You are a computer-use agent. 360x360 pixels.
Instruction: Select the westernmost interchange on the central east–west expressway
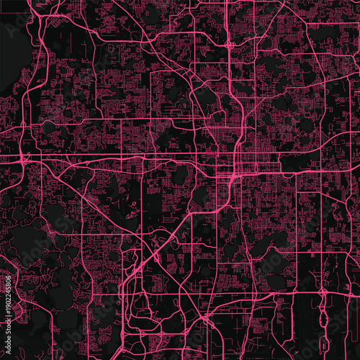24,156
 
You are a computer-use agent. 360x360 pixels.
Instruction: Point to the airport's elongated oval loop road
318,317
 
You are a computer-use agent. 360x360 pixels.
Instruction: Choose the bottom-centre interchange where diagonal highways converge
204,317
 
